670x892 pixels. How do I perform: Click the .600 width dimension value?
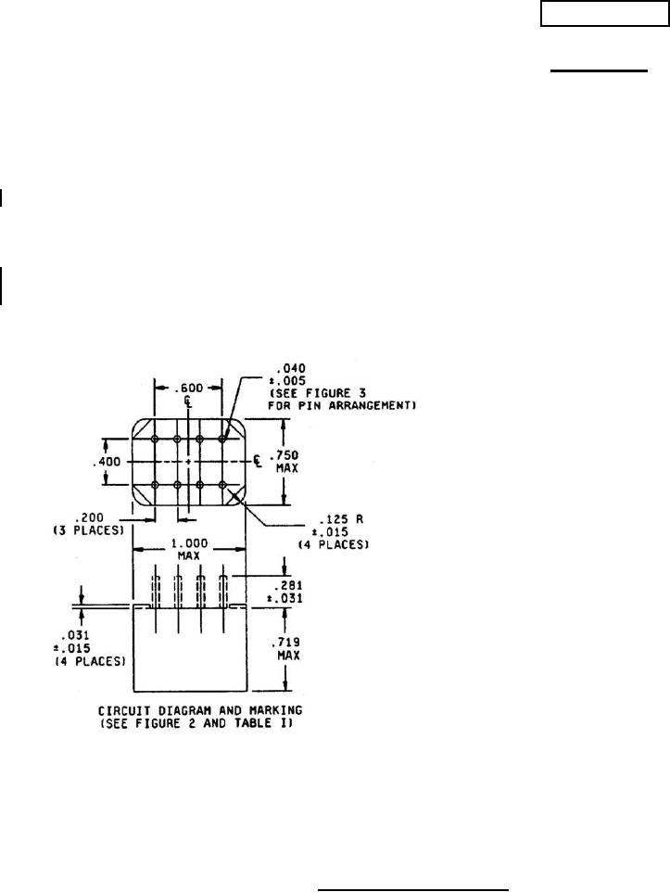(188, 389)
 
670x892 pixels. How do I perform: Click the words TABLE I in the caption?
(275, 723)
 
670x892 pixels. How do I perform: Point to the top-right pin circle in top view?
(222, 439)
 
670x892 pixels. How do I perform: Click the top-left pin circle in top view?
(155, 439)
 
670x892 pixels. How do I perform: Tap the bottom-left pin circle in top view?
(155, 484)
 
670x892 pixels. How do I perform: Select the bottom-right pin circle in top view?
(222, 484)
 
